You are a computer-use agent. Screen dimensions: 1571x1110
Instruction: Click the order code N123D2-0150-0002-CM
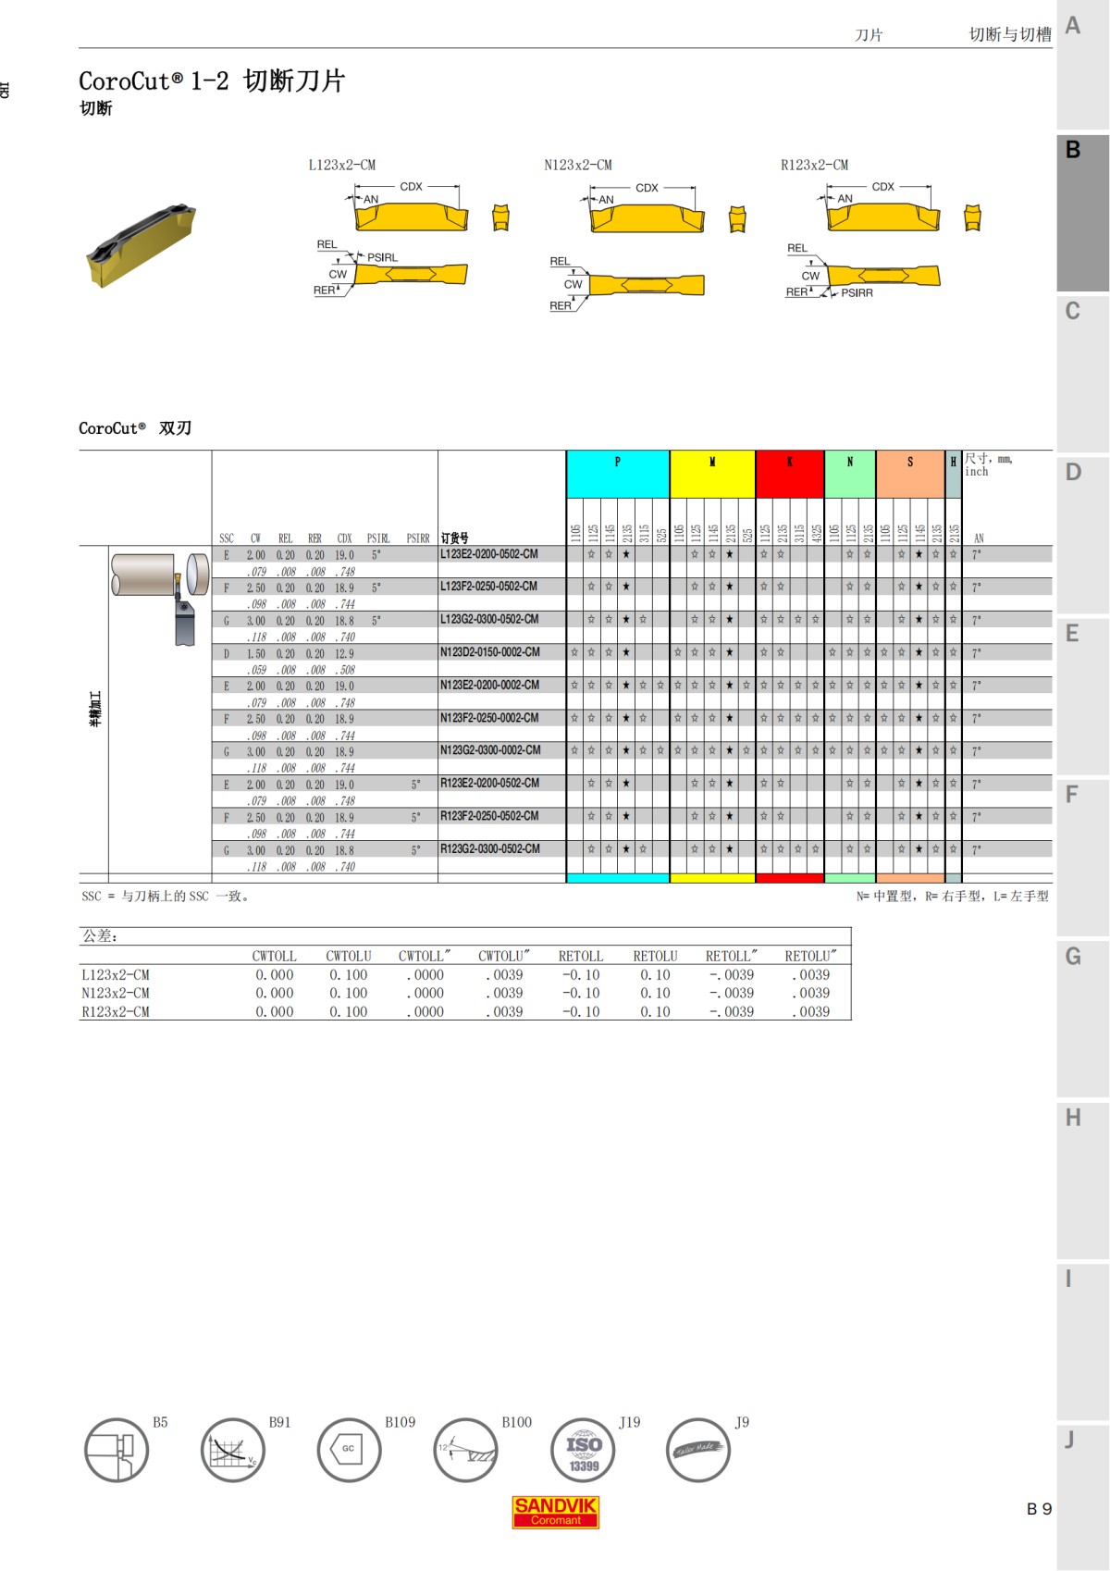(x=489, y=652)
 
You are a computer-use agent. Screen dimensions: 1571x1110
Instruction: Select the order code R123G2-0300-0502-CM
(x=489, y=848)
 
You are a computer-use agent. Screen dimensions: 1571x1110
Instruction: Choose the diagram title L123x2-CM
(x=341, y=165)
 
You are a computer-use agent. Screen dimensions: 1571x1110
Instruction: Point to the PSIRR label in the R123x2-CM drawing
(x=857, y=293)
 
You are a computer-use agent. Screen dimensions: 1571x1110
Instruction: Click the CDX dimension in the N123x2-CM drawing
(x=647, y=188)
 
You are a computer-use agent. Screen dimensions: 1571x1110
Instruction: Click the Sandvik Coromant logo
(x=555, y=1512)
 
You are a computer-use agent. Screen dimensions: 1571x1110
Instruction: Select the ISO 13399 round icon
(x=583, y=1450)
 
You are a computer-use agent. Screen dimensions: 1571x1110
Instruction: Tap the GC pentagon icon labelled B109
(x=349, y=1450)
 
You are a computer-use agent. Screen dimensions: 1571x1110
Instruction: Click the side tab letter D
(x=1073, y=473)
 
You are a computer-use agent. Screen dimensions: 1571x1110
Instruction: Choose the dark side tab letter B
(x=1073, y=150)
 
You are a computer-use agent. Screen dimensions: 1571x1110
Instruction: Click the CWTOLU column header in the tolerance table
(x=348, y=956)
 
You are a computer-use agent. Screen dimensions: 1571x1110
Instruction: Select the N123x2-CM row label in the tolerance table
(x=116, y=993)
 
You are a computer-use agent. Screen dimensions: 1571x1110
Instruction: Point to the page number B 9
(x=1039, y=1509)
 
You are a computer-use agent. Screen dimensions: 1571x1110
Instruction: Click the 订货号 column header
(x=454, y=538)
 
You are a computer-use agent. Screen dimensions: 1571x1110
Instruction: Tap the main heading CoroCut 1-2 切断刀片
(x=211, y=81)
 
